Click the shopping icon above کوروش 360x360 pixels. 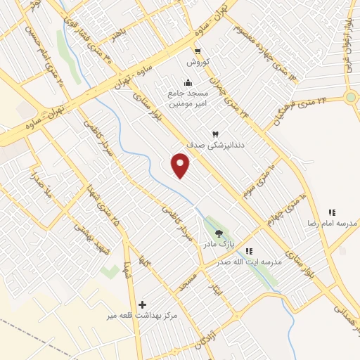(198, 51)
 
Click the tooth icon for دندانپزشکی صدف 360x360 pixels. (215, 134)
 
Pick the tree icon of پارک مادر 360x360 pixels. (218, 233)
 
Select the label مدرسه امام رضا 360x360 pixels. (335, 223)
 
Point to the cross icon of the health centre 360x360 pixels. (143, 304)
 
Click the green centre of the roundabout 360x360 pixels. (351, 98)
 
